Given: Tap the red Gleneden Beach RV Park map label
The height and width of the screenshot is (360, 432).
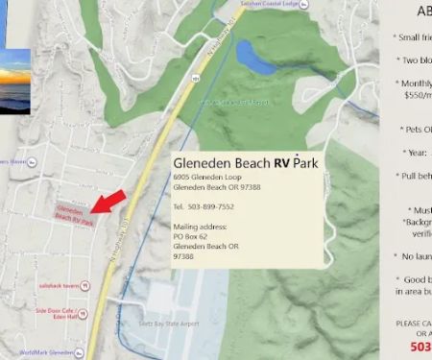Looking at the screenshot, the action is (74, 214).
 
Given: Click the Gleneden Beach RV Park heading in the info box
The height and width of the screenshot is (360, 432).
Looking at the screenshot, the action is (245, 163).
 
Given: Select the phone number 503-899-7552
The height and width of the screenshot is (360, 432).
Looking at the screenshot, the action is (203, 206).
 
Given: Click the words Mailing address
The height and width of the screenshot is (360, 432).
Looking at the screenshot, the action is (200, 227).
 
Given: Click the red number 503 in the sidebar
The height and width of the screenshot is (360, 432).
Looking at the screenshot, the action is (420, 347).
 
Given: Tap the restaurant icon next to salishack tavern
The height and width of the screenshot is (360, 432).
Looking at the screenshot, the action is (86, 286).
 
